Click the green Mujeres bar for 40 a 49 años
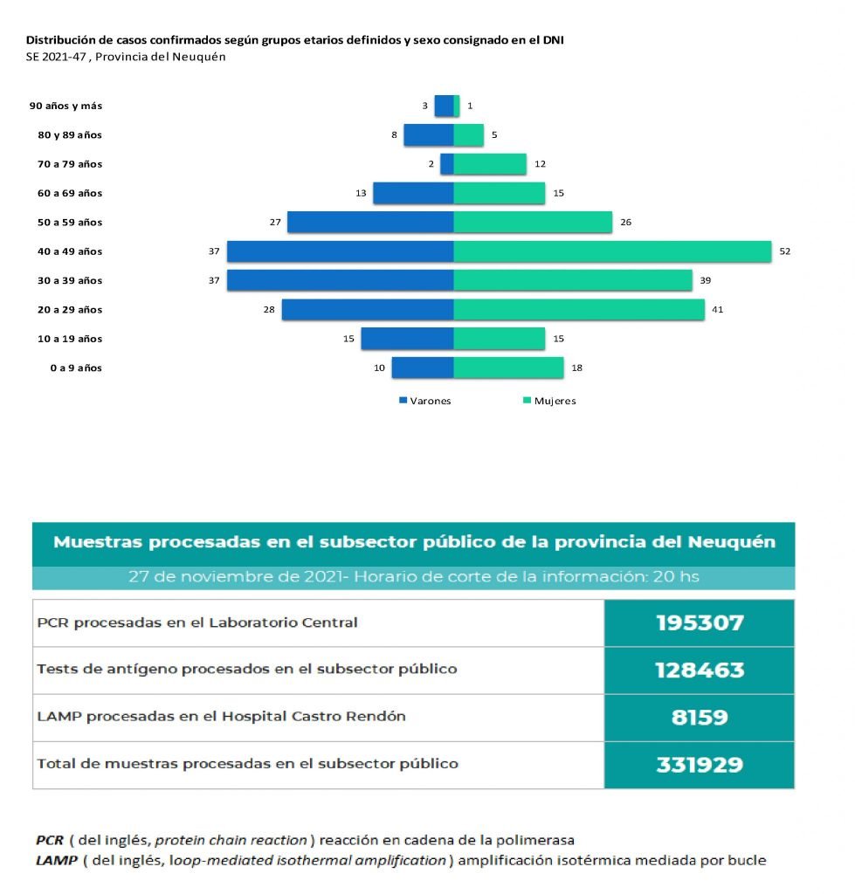(x=612, y=251)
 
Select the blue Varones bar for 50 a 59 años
(x=370, y=222)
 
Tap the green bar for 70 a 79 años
(x=490, y=164)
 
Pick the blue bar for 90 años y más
(x=444, y=106)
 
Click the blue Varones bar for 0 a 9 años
(x=423, y=368)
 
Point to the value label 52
(x=785, y=251)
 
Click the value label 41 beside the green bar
(x=718, y=309)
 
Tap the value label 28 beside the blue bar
(x=269, y=309)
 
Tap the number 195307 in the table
(x=700, y=622)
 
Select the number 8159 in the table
(x=700, y=718)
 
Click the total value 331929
(x=700, y=765)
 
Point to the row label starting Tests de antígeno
(x=246, y=670)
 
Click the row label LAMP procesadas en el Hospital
(x=221, y=717)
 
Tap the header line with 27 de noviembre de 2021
(x=413, y=577)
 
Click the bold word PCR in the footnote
(x=49, y=840)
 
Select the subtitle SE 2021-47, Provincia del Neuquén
(x=126, y=57)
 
